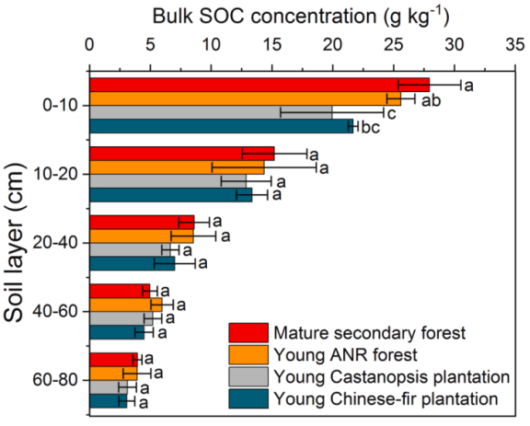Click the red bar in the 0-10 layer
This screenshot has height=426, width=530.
(259, 85)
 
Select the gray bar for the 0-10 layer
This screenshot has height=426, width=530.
(211, 112)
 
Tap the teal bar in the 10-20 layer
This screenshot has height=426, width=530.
(171, 195)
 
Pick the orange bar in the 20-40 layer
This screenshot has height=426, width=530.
(142, 236)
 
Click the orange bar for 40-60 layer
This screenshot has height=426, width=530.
(126, 305)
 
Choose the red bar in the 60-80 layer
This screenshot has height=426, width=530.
(113, 360)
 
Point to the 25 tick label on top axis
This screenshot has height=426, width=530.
(394, 45)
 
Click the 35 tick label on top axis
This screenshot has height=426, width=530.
(515, 45)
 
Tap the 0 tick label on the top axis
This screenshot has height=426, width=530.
(89, 45)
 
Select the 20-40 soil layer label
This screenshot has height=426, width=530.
(55, 243)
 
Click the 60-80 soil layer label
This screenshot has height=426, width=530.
(55, 380)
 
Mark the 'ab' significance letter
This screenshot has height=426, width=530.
(431, 100)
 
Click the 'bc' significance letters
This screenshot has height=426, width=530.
(371, 128)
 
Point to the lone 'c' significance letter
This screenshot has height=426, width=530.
(391, 114)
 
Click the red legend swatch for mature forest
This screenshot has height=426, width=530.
(248, 333)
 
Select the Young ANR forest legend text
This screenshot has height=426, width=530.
(345, 355)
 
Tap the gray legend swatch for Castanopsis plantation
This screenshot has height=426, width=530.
(248, 376)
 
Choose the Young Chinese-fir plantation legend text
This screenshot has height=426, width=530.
(386, 399)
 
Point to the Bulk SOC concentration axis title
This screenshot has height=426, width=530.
(301, 16)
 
